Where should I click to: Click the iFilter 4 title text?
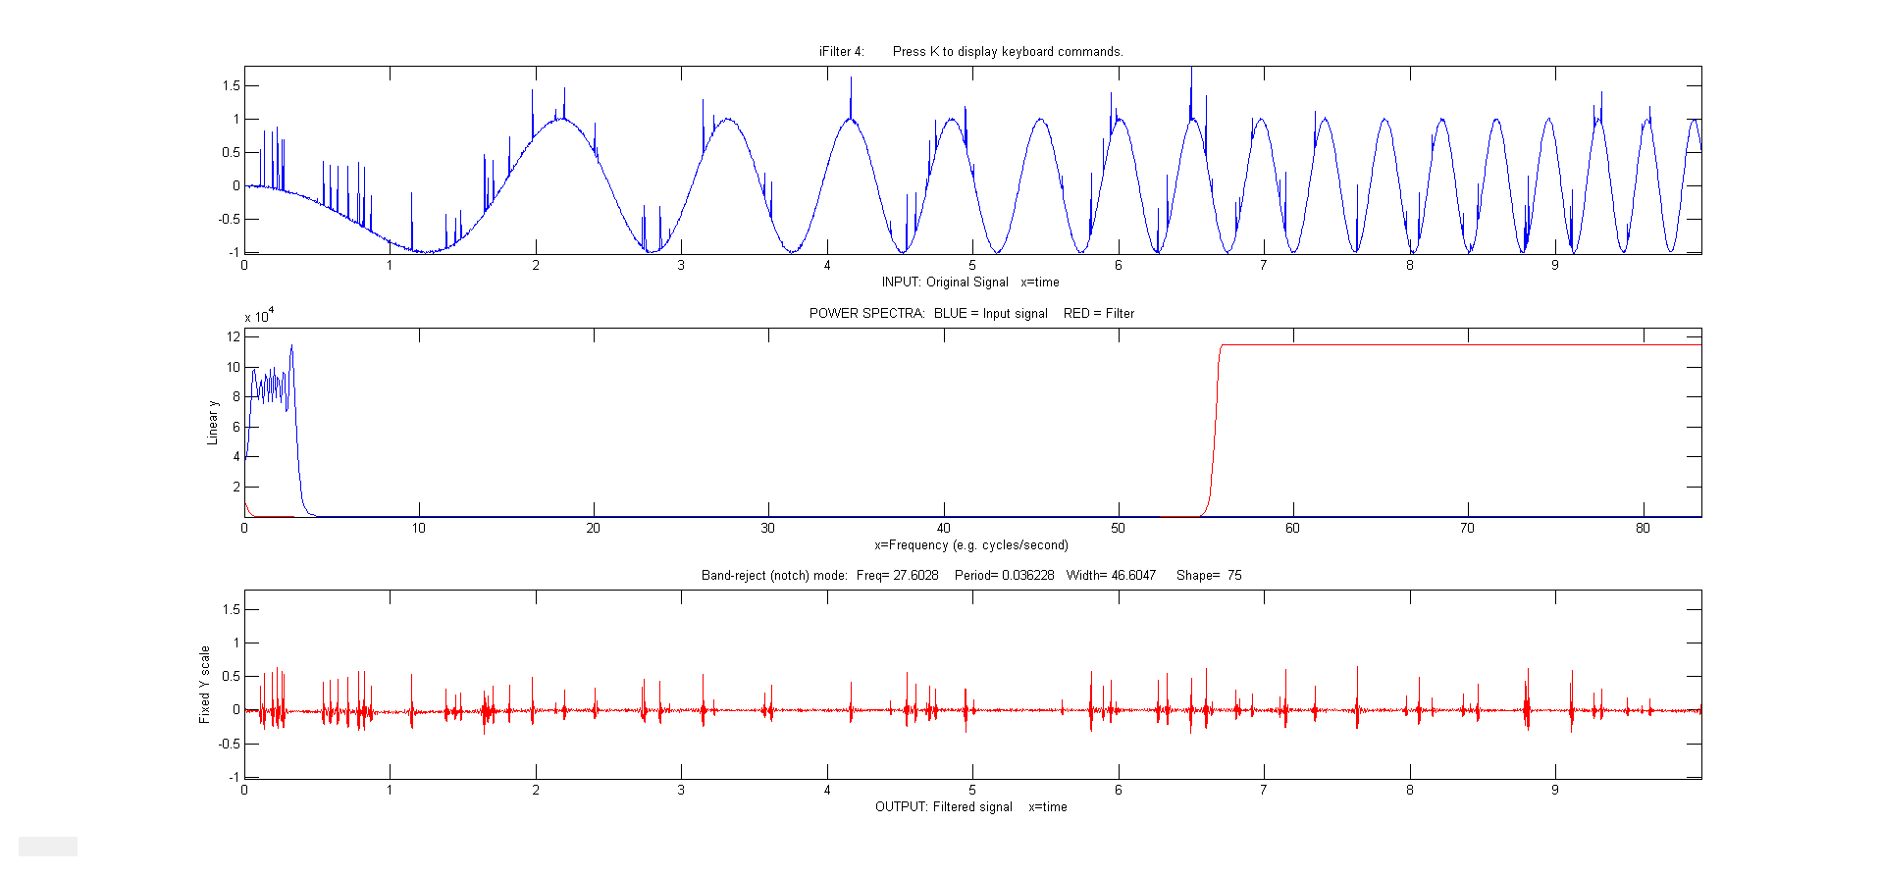click(x=842, y=52)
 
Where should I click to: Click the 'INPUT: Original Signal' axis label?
click(x=944, y=283)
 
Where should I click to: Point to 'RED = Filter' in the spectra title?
click(x=1098, y=314)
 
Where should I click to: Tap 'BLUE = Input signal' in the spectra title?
click(x=990, y=314)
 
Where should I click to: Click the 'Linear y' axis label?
click(x=213, y=423)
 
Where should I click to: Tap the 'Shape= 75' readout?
click(x=1209, y=576)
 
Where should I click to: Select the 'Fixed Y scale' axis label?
click(x=205, y=685)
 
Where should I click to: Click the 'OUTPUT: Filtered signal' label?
click(x=943, y=807)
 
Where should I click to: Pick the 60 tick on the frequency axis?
click(x=1292, y=529)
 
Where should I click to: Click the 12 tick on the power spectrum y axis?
click(x=234, y=337)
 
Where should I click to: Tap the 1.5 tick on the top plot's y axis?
click(x=231, y=86)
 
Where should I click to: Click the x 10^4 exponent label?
click(x=259, y=316)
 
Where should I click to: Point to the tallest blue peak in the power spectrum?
click(x=291, y=346)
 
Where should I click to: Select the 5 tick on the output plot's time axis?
click(x=972, y=791)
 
